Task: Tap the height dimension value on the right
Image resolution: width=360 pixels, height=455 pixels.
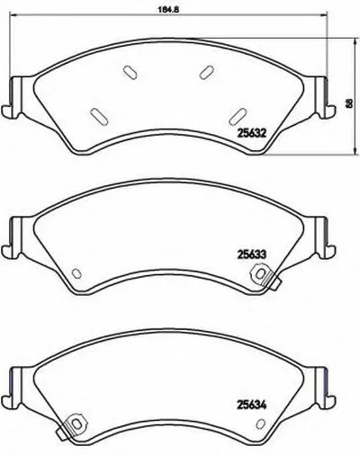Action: click(x=348, y=103)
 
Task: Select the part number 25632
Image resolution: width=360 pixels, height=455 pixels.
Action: click(x=252, y=133)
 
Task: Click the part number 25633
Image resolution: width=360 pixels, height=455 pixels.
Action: click(x=252, y=254)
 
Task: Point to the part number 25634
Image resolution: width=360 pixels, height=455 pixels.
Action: click(x=252, y=406)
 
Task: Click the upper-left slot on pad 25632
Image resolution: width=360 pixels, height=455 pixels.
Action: click(x=130, y=72)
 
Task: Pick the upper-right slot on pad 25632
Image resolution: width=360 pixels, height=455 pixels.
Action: click(x=207, y=72)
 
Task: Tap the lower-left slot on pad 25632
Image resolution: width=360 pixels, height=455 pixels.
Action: click(x=99, y=116)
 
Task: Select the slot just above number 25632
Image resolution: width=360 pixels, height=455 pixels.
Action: click(x=238, y=116)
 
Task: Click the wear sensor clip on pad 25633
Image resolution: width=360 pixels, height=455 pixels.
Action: click(x=264, y=276)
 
